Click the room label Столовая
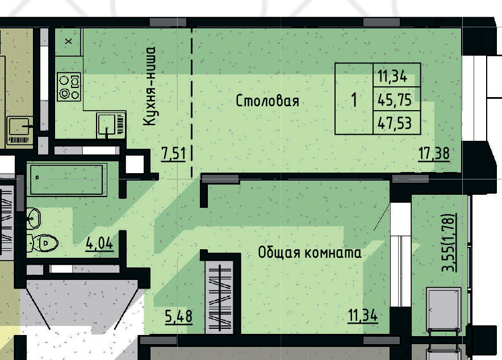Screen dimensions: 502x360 pyautogui.click(x=267, y=101)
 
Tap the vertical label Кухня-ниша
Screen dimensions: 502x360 pyautogui.click(x=149, y=86)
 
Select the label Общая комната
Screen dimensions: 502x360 pyautogui.click(x=309, y=253)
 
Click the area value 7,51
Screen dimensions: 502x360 pyautogui.click(x=173, y=154)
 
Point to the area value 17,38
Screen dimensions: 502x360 pyautogui.click(x=434, y=154)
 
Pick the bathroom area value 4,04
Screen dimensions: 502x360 pyautogui.click(x=99, y=244)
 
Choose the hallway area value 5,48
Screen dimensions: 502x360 pyautogui.click(x=179, y=316)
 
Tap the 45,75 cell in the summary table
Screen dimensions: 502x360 pyautogui.click(x=395, y=100)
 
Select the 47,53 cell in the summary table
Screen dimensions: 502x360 pyautogui.click(x=395, y=123)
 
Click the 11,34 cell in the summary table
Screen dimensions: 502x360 pyautogui.click(x=392, y=77)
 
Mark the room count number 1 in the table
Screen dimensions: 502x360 pyautogui.click(x=354, y=99)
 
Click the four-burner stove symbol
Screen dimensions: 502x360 pyautogui.click(x=69, y=87)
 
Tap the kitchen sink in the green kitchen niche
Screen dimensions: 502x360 pyautogui.click(x=111, y=125)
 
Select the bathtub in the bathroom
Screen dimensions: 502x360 pyautogui.click(x=66, y=179)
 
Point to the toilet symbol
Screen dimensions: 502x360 pyautogui.click(x=42, y=243)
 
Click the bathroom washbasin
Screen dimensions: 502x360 pyautogui.click(x=34, y=218)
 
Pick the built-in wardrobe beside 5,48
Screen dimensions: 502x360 pyautogui.click(x=220, y=298)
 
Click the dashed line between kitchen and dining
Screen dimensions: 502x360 pyautogui.click(x=192, y=102)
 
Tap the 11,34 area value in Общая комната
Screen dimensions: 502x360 pyautogui.click(x=363, y=316)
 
